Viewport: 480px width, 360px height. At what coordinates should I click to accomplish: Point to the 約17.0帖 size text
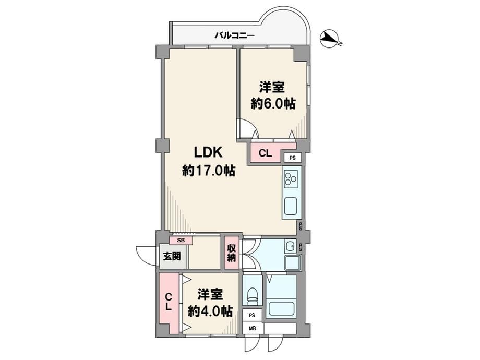click(209, 171)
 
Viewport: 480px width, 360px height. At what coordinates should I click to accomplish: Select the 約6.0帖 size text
click(273, 104)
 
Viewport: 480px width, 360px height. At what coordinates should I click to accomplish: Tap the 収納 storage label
click(232, 253)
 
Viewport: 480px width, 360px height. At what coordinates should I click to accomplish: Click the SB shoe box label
click(181, 241)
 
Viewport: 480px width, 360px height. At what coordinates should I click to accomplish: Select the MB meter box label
click(252, 329)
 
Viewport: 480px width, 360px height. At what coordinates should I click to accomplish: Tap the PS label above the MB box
click(252, 315)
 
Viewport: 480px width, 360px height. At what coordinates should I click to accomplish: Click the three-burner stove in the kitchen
click(292, 178)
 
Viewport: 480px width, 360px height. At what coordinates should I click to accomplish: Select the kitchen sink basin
click(291, 207)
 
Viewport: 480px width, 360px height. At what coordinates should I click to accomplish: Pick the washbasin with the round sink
click(290, 246)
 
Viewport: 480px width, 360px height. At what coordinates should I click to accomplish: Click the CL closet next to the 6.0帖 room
click(266, 153)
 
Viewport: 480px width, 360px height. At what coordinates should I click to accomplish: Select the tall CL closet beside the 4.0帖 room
click(169, 302)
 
